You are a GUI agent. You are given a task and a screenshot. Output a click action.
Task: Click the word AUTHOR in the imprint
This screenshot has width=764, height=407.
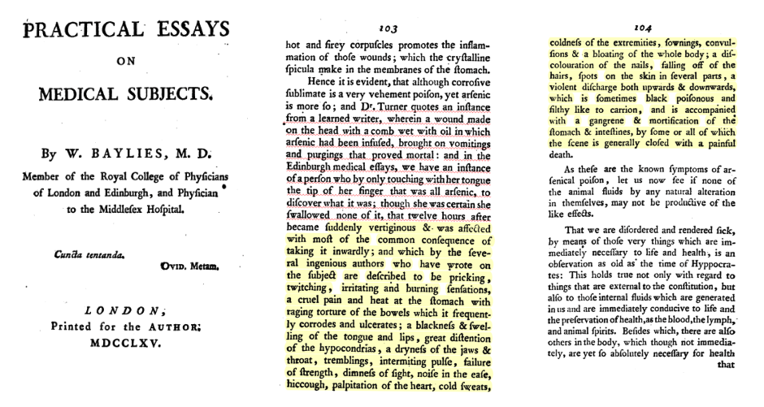[x=172, y=327]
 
